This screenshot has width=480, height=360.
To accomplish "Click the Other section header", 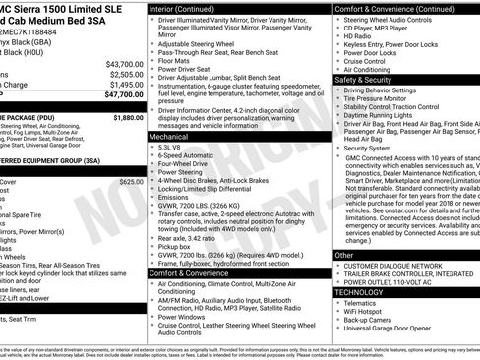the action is [343, 254].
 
